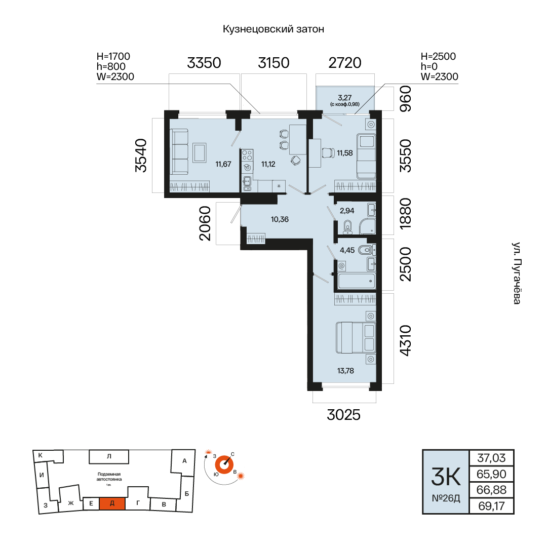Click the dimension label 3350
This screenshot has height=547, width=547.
click(x=204, y=63)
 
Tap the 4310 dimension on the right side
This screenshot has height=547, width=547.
click(x=405, y=340)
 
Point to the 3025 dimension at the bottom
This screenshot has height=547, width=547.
click(x=343, y=415)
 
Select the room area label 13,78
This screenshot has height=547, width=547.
click(x=346, y=371)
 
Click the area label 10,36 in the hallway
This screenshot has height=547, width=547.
click(x=280, y=219)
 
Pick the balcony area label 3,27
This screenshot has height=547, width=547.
click(x=345, y=98)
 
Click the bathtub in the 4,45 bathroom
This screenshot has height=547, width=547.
click(x=357, y=281)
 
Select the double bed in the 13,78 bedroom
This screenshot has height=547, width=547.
click(x=356, y=338)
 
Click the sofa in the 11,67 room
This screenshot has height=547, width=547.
click(x=179, y=151)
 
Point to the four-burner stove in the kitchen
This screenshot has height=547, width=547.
click(x=247, y=155)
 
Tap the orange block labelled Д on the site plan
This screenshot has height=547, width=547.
click(x=112, y=503)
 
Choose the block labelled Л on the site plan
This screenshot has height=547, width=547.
click(x=109, y=456)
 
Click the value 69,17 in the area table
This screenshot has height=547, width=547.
click(x=491, y=506)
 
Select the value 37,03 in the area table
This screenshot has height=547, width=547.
click(x=491, y=458)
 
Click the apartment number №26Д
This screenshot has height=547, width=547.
click(x=446, y=498)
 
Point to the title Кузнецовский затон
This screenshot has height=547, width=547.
click(x=273, y=29)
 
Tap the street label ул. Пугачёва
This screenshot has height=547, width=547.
click(x=517, y=273)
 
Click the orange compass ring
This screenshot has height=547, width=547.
click(x=224, y=465)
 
